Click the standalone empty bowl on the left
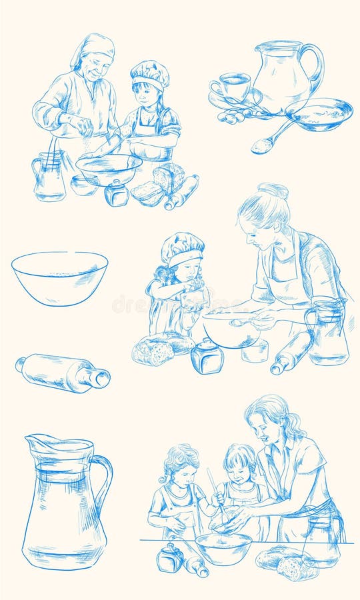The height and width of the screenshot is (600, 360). click(59, 277)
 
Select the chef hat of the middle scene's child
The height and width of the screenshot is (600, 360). click(182, 247)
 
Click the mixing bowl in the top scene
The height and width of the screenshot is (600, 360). click(109, 168)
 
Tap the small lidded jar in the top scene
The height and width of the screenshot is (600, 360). click(117, 193)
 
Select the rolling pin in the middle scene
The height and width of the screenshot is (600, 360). click(291, 351)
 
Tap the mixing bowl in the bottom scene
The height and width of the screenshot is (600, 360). click(223, 547)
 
